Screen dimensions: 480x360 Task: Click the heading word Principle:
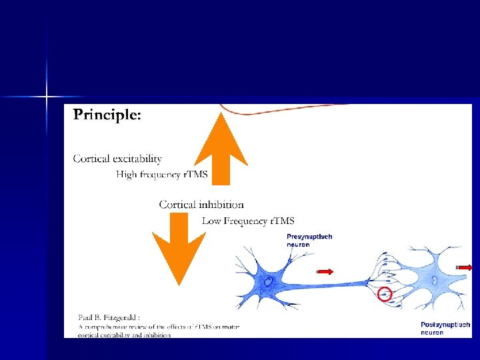pos(107,115)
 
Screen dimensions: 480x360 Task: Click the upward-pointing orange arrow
pos(220,150)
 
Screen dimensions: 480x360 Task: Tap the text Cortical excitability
pos(117,159)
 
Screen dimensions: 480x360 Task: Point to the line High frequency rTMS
pos(162,175)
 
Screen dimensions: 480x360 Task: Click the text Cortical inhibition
pos(201,205)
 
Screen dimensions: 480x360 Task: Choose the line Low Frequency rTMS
pos(248,221)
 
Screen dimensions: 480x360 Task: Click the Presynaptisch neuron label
pos(309,240)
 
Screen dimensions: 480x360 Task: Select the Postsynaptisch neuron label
pos(445,328)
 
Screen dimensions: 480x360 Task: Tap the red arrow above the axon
pos(325,271)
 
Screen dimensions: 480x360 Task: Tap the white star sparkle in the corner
pos(47,97)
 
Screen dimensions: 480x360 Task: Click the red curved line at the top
pos(280,111)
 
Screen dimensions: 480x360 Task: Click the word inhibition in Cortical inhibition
pos(221,205)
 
